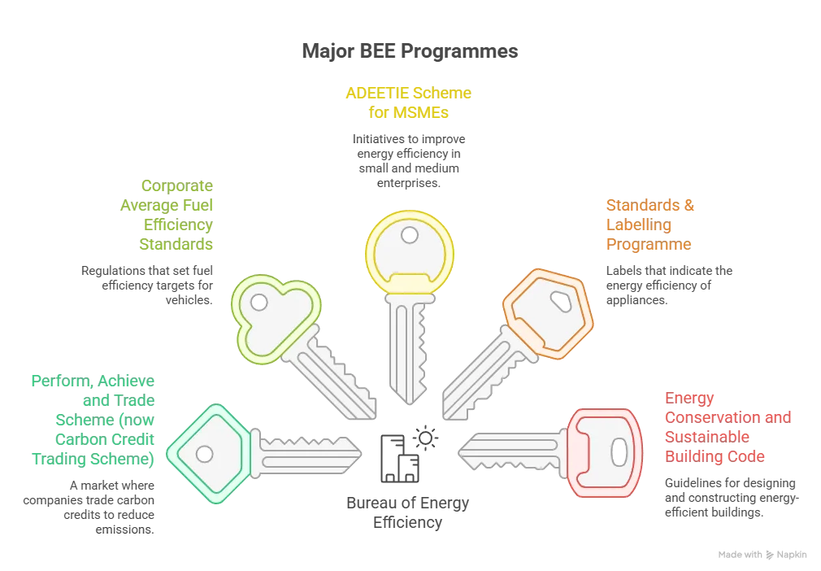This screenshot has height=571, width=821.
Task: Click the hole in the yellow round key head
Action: (410, 235)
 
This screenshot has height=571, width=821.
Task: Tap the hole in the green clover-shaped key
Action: (258, 303)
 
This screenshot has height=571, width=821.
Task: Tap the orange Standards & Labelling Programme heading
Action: (650, 224)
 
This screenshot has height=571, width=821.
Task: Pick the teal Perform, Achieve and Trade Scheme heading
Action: (93, 421)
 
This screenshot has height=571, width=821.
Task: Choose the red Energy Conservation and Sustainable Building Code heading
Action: (727, 427)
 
